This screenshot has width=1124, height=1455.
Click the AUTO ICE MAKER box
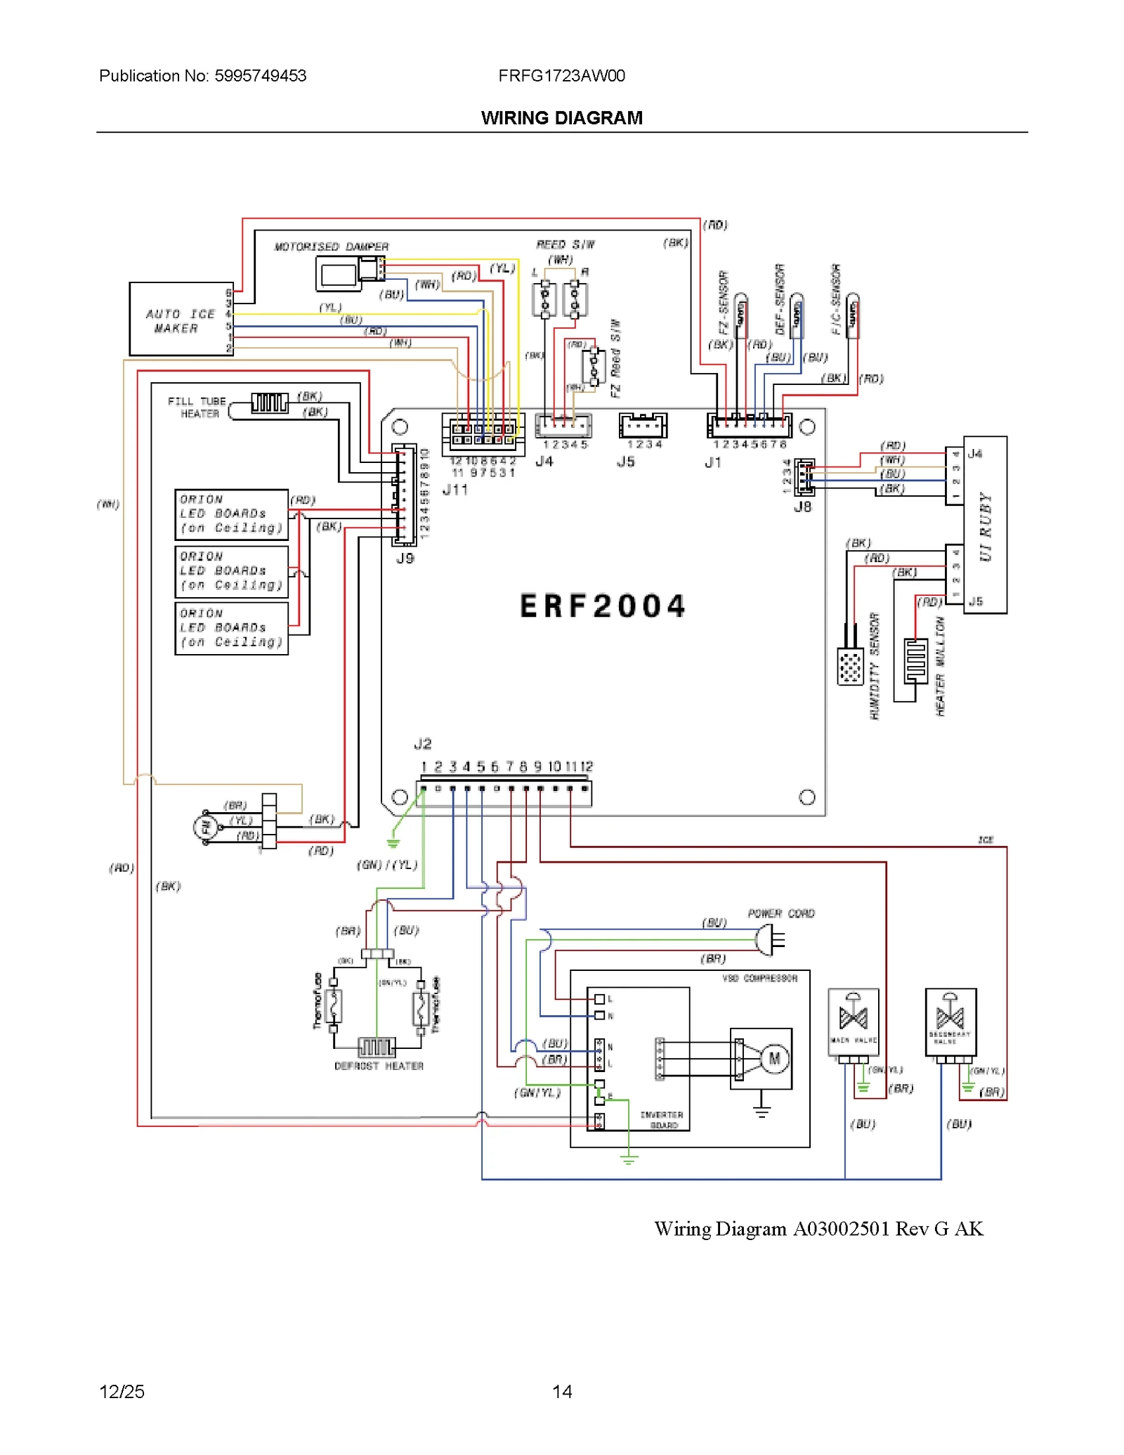181,319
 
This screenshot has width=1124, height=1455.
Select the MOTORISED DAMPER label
331,247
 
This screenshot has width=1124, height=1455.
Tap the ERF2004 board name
602,606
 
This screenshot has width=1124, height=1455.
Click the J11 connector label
455,490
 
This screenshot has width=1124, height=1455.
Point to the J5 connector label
625,462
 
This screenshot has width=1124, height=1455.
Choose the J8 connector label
802,506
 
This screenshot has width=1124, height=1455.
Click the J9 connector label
405,558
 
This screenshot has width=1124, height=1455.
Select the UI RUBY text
985,526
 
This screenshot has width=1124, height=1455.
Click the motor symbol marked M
774,1058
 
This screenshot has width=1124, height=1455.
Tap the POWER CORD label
780,913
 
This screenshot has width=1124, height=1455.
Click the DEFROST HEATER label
379,1066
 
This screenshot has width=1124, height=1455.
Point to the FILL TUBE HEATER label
197,407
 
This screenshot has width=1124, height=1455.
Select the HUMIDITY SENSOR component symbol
850,667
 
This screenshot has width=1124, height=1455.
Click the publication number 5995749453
260,76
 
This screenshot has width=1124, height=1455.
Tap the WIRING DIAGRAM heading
561,118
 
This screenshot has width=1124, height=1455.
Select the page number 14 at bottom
561,1391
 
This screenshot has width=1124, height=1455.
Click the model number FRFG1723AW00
561,76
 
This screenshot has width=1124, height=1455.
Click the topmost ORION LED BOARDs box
231,514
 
